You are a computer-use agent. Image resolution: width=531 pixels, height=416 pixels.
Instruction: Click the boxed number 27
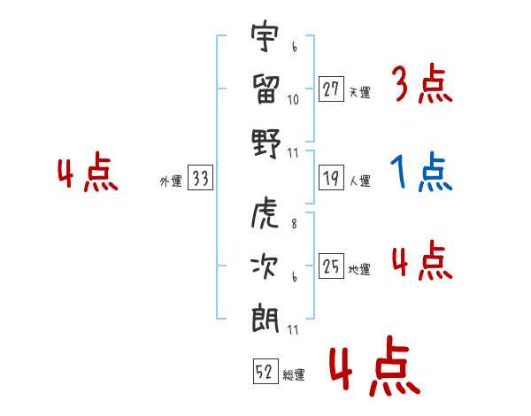[x=332, y=89]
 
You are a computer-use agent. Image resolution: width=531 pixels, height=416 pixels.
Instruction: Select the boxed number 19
[x=332, y=179]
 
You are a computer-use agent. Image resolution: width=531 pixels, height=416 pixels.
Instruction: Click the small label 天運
[x=359, y=92]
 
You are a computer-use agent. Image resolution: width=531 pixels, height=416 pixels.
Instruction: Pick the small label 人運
[x=359, y=181]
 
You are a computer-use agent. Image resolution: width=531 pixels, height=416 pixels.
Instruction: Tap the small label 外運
[x=171, y=181]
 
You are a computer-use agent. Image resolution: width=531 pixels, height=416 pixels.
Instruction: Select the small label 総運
[x=294, y=374]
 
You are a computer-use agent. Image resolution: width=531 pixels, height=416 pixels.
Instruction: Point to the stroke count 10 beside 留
[x=294, y=100]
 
